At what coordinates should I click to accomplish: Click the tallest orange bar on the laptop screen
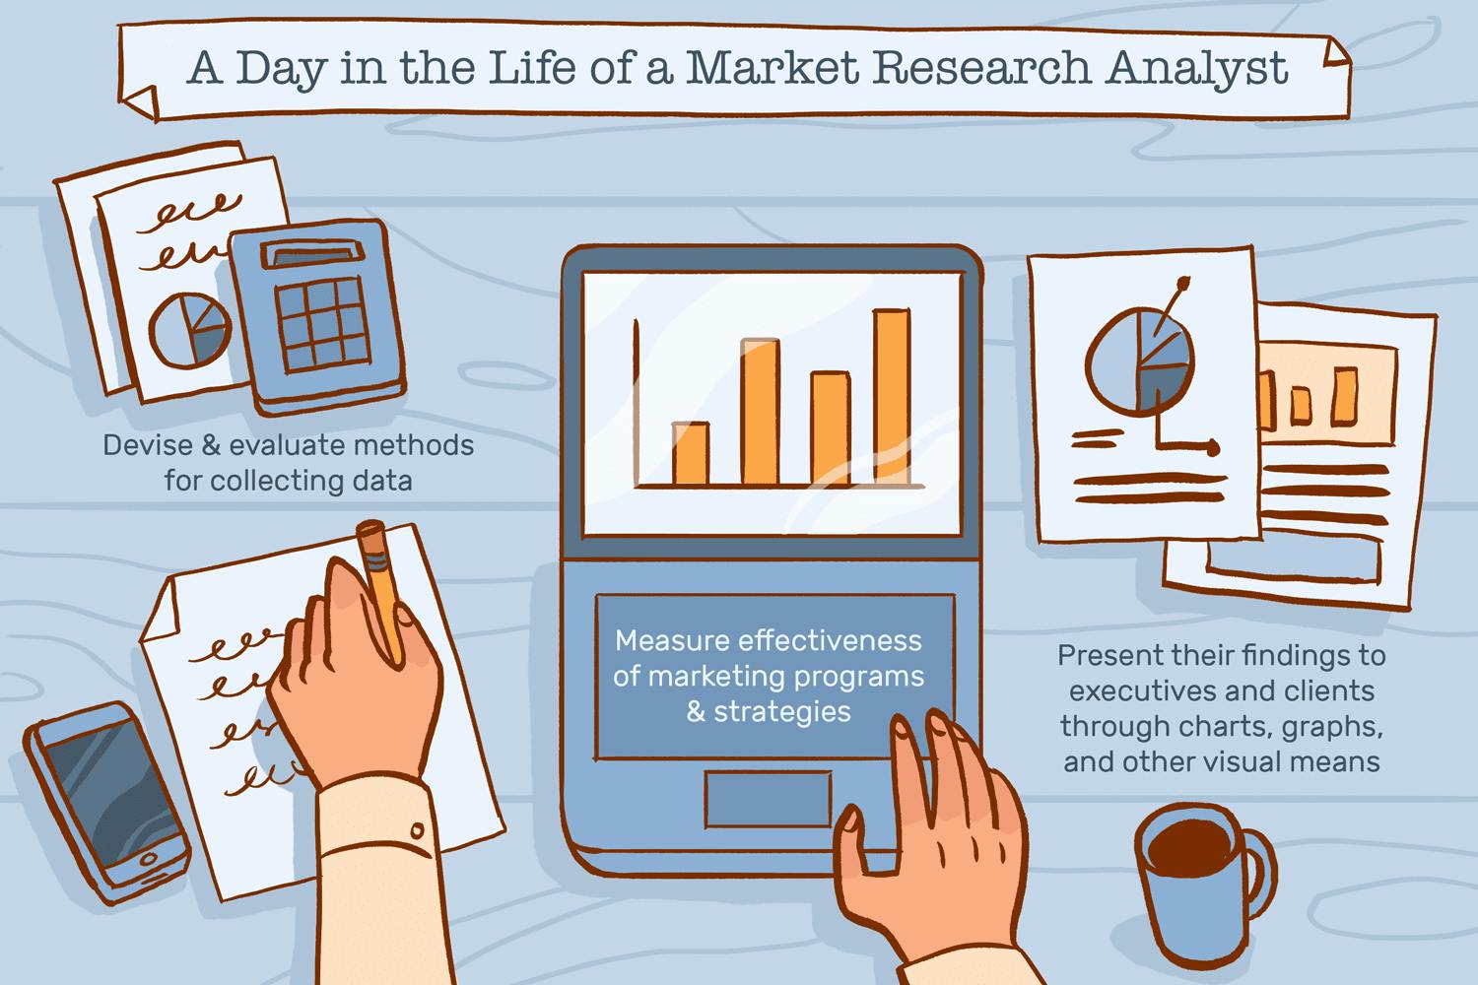(x=892, y=397)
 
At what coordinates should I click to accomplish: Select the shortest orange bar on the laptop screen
(x=691, y=453)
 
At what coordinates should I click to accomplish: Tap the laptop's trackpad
(x=768, y=798)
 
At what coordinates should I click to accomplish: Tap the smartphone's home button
(x=149, y=858)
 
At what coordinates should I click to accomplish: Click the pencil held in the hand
(x=381, y=589)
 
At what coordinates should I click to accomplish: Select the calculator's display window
(x=312, y=254)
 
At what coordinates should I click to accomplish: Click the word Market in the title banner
(x=773, y=67)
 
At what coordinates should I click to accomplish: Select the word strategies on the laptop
(x=782, y=712)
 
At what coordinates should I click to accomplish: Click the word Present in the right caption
(x=1104, y=656)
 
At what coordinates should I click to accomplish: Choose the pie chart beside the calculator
(x=190, y=331)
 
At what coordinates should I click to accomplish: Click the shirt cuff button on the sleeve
(x=417, y=830)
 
